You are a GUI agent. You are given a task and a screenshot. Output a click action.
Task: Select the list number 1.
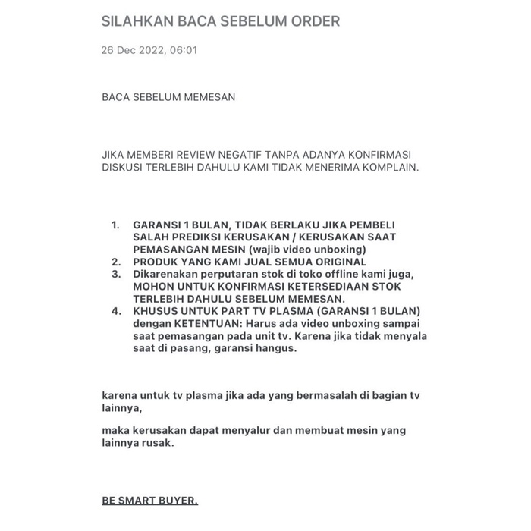pyautogui.click(x=115, y=226)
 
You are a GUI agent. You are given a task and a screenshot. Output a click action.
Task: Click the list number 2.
pyautogui.click(x=115, y=261)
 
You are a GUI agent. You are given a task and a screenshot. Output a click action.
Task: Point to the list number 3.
pyautogui.click(x=115, y=273)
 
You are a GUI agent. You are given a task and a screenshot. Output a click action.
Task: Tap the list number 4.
pyautogui.click(x=115, y=312)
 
